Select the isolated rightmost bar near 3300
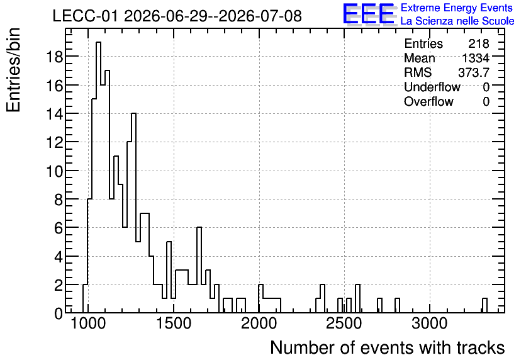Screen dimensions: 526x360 (484, 305)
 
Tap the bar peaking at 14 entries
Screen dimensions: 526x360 (133, 213)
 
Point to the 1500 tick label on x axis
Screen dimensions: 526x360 (174, 324)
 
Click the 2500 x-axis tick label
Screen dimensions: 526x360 (344, 324)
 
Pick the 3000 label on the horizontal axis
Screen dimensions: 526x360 (430, 324)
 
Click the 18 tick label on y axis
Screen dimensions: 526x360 (54, 57)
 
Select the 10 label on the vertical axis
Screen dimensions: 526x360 (54, 171)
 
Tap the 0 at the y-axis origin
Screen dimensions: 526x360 (59, 313)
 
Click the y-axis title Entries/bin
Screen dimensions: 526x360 (14, 70)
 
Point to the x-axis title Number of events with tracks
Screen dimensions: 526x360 (388, 347)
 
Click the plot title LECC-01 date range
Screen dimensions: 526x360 (177, 16)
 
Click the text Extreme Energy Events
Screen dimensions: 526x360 (457, 8)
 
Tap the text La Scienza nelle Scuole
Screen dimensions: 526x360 (457, 21)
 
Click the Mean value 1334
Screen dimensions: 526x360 (476, 58)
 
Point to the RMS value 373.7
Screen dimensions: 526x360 (474, 72)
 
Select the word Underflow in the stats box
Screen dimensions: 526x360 (432, 87)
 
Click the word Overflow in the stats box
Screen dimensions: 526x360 (428, 101)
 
